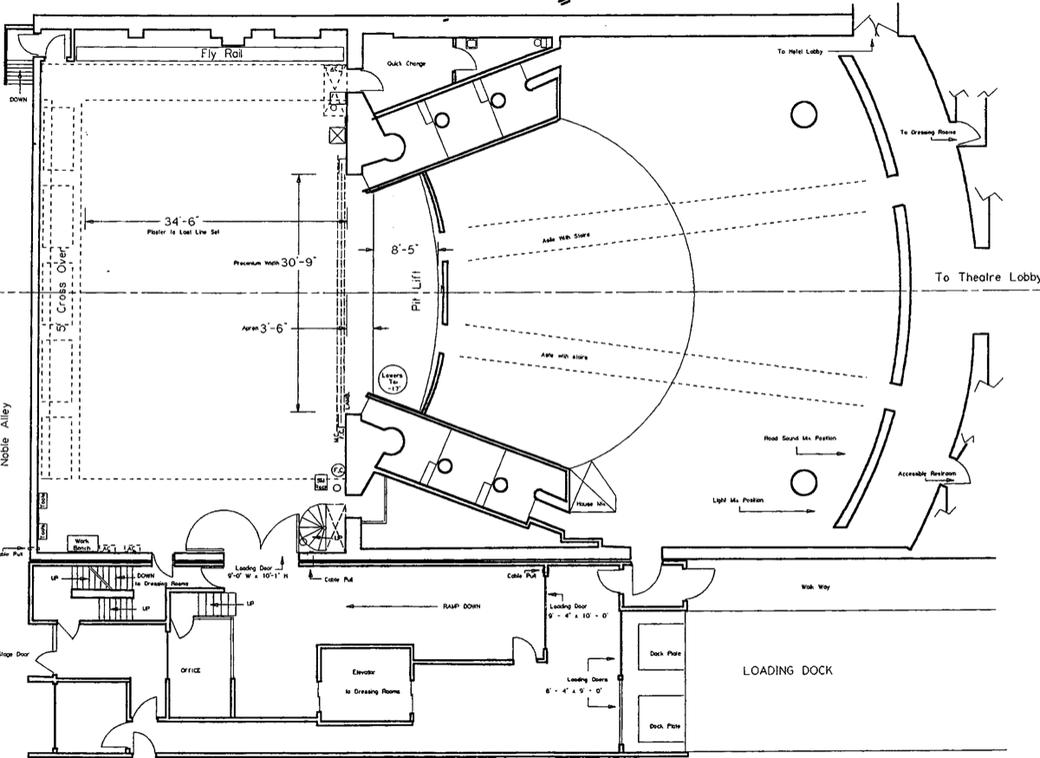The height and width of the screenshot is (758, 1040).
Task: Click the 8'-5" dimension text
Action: point(403,249)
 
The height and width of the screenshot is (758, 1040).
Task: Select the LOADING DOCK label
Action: point(787,670)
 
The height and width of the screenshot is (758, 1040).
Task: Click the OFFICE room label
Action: point(191,670)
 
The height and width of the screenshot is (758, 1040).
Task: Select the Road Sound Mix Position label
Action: point(800,439)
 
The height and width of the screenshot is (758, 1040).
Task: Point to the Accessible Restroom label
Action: point(926,474)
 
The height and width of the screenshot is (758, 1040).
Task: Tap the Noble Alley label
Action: point(8,435)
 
